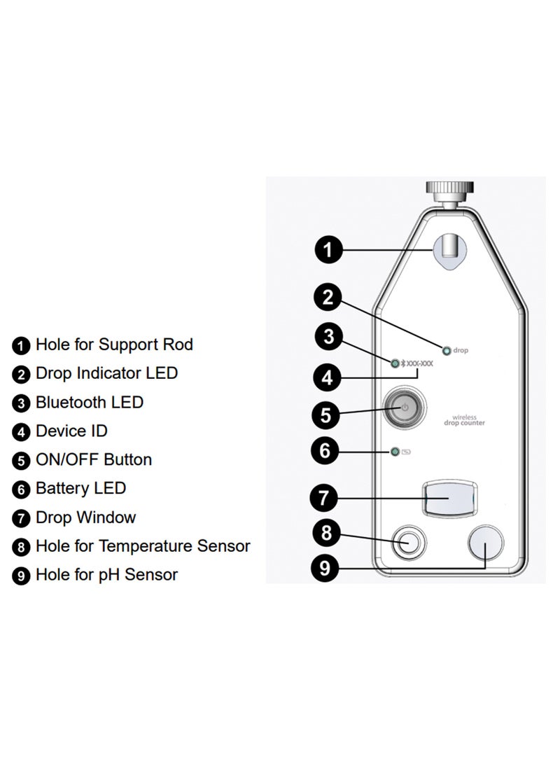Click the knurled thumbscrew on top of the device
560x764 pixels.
pos(450,190)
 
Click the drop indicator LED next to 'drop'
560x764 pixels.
pos(446,350)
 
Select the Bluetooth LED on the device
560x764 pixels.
pos(395,363)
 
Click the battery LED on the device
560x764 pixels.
pos(395,452)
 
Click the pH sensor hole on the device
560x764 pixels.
pos(485,543)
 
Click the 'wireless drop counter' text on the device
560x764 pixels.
pos(464,421)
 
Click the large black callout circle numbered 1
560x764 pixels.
pos(328,249)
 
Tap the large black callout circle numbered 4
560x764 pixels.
pos(325,379)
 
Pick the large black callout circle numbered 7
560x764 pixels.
pos(324,498)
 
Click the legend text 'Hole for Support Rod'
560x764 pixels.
pos(114,345)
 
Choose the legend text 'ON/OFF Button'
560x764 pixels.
pos(94,460)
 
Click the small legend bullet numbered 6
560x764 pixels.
pos(22,489)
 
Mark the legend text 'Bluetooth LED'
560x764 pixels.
pos(90,403)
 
